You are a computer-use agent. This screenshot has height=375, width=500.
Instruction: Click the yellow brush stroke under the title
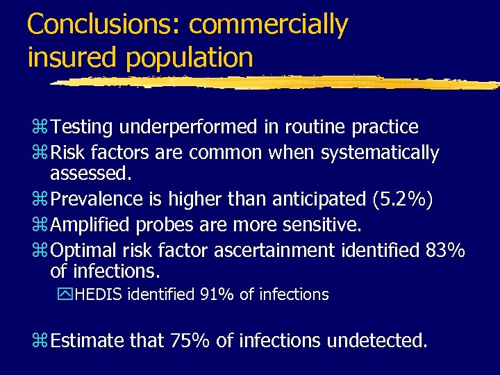[x=278, y=82]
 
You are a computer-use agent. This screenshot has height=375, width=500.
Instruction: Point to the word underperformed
[x=188, y=128]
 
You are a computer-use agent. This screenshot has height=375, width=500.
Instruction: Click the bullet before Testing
[x=39, y=128]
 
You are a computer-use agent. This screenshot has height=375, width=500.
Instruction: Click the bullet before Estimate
[x=39, y=340]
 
